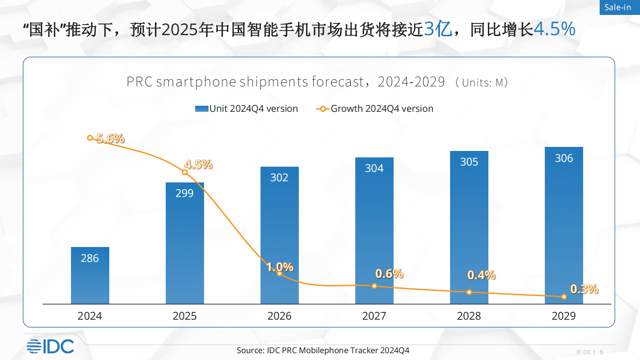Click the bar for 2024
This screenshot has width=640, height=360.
[90, 276]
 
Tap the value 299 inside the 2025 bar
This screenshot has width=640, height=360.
[184, 193]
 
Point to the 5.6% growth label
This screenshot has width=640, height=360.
[110, 138]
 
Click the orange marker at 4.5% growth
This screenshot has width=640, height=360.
[185, 172]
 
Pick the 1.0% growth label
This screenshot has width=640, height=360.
[280, 267]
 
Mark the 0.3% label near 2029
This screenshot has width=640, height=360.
[584, 289]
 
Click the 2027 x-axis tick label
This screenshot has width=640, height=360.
[374, 316]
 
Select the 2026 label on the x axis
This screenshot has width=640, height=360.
[279, 316]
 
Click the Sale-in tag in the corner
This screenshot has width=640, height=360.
[618, 7]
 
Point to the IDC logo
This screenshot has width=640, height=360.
[51, 346]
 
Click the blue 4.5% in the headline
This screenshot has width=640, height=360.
[554, 29]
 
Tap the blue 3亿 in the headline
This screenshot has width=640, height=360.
[438, 29]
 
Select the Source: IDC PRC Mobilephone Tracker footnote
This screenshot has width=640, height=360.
[323, 350]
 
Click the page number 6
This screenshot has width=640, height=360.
[601, 352]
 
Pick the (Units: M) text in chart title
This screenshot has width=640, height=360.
[481, 83]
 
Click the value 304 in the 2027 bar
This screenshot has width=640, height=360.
[374, 168]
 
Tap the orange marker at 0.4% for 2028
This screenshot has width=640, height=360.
[469, 292]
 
